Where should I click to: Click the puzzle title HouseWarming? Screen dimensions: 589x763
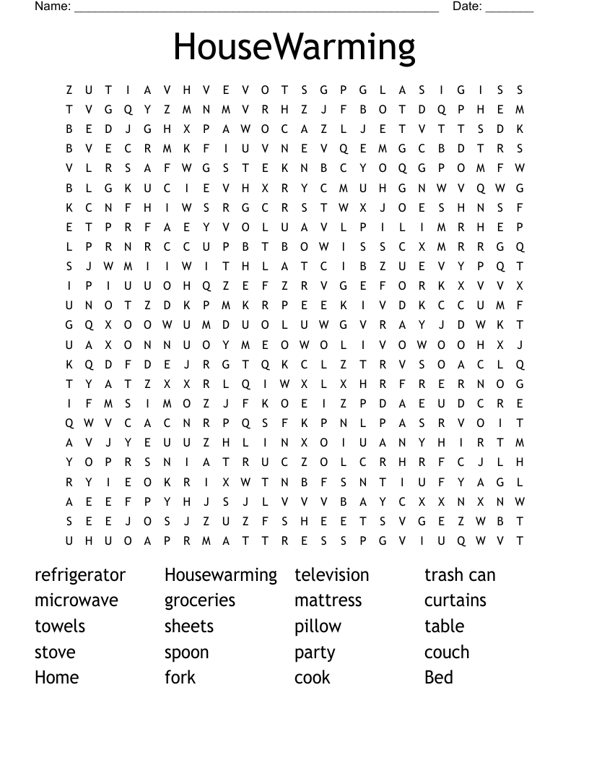tap(294, 48)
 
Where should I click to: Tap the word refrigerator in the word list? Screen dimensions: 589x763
tap(80, 575)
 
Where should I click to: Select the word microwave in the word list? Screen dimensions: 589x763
tap(76, 600)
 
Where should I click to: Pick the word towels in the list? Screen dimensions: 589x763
tap(60, 626)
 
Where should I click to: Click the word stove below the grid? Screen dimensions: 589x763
tap(55, 652)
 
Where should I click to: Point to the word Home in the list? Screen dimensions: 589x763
tap(56, 678)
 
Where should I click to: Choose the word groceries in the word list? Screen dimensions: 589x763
tap(200, 601)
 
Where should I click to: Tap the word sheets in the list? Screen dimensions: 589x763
tap(189, 626)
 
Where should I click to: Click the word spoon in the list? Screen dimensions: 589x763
tap(186, 653)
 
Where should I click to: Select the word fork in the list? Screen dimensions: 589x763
tap(180, 678)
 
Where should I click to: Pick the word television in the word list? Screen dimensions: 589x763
tap(331, 575)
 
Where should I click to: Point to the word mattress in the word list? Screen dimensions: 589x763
tap(328, 600)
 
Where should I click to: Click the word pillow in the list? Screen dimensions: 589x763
tap(318, 626)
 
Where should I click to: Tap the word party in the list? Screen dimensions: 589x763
tap(315, 653)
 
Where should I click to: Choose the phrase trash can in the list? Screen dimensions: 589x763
tap(460, 575)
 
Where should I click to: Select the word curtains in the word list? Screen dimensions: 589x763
tap(455, 600)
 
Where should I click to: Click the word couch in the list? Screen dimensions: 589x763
tap(447, 652)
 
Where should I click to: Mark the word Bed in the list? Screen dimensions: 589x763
tap(439, 678)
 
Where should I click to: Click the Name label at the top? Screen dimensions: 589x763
tap(53, 7)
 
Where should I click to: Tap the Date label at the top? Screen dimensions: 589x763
tap(467, 7)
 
